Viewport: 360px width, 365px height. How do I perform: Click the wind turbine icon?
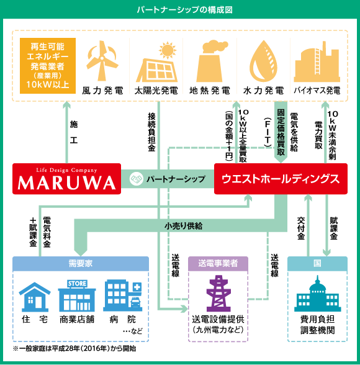click(102, 61)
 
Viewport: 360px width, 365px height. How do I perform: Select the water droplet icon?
click(263, 61)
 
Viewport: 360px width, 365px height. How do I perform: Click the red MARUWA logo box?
click(67, 179)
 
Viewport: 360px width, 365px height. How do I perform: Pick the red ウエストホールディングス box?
click(281, 179)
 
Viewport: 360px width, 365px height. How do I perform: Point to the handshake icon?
click(136, 179)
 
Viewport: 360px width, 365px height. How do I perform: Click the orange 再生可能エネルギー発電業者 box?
click(48, 66)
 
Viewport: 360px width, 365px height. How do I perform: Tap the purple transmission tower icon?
click(218, 293)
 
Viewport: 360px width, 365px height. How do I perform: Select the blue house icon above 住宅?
click(35, 297)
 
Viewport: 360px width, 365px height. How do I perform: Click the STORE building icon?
click(77, 295)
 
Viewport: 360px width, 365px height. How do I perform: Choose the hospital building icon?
click(123, 295)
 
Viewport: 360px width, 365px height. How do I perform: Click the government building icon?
click(317, 294)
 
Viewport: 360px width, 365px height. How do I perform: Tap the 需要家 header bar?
click(81, 263)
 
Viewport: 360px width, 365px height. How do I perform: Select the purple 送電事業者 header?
click(218, 263)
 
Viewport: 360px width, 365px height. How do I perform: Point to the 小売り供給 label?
click(183, 226)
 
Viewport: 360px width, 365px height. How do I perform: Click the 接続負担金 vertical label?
click(151, 132)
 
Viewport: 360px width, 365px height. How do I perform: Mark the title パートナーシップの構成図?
click(184, 10)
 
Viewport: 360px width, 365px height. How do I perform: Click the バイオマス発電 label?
click(317, 91)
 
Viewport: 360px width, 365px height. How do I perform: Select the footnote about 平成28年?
click(74, 348)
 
